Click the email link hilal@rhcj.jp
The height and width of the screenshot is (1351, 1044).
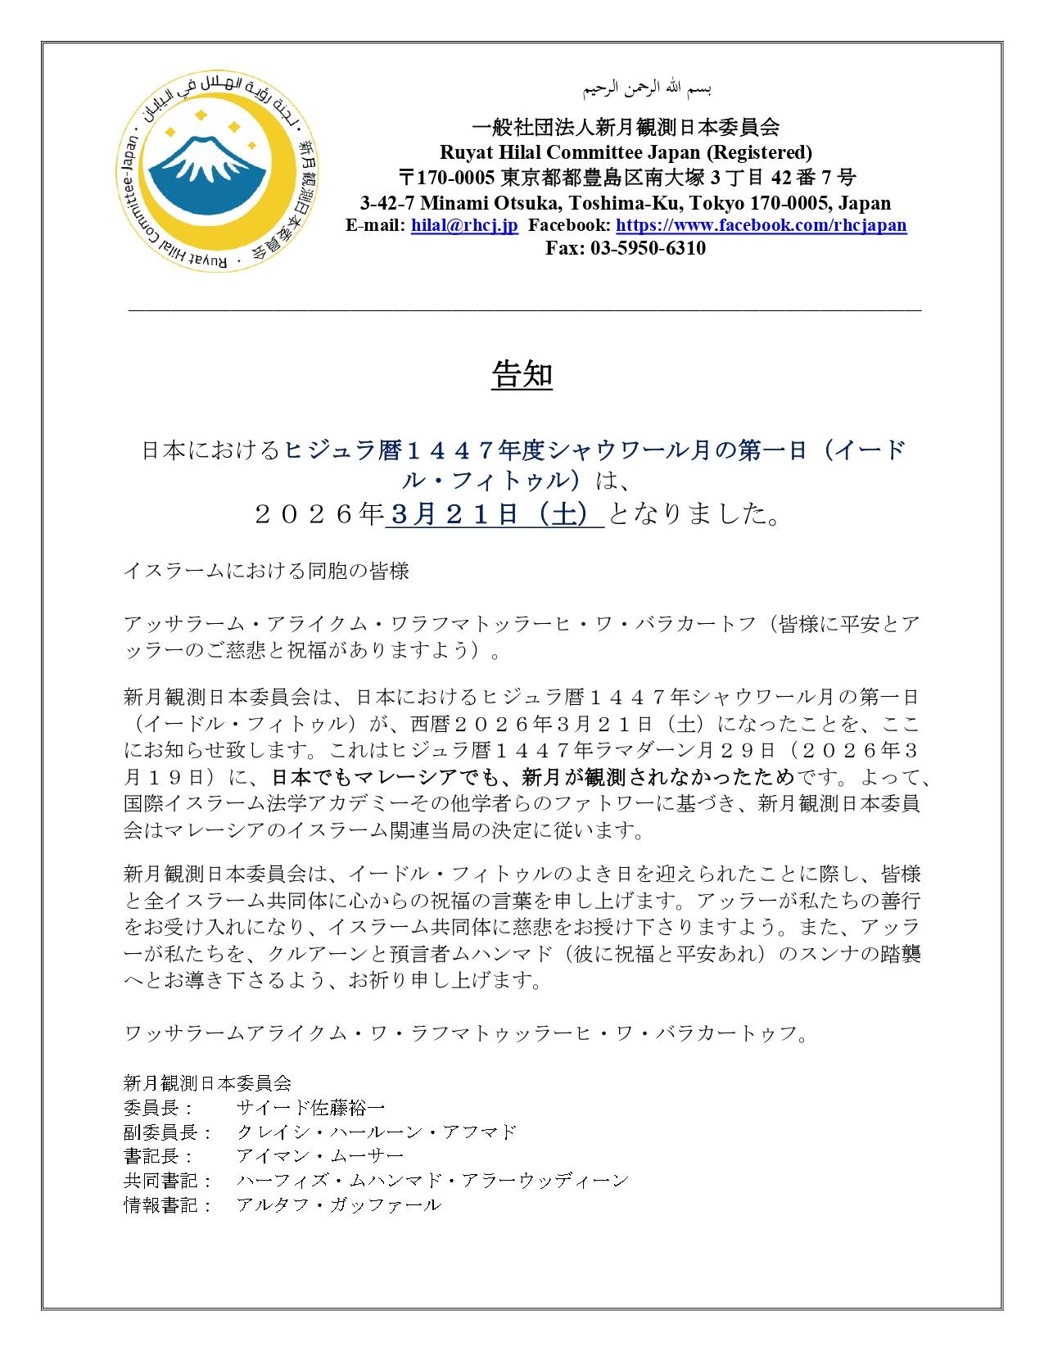pos(464,226)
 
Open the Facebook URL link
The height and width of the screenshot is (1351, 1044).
pos(761,226)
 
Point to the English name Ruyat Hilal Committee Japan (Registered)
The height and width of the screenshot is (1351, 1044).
pos(626,152)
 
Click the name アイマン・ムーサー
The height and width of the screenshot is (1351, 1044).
pos(319,1156)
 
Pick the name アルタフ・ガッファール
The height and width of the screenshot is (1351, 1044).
pos(338,1204)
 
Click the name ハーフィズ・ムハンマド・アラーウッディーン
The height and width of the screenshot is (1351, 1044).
pos(432,1181)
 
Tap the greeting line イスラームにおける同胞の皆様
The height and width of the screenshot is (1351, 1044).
pos(265,572)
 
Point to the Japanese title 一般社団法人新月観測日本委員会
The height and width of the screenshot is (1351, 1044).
pos(626,127)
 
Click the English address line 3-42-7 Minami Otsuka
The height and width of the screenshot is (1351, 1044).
pos(626,203)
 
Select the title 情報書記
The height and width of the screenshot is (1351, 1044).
pos(160,1204)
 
